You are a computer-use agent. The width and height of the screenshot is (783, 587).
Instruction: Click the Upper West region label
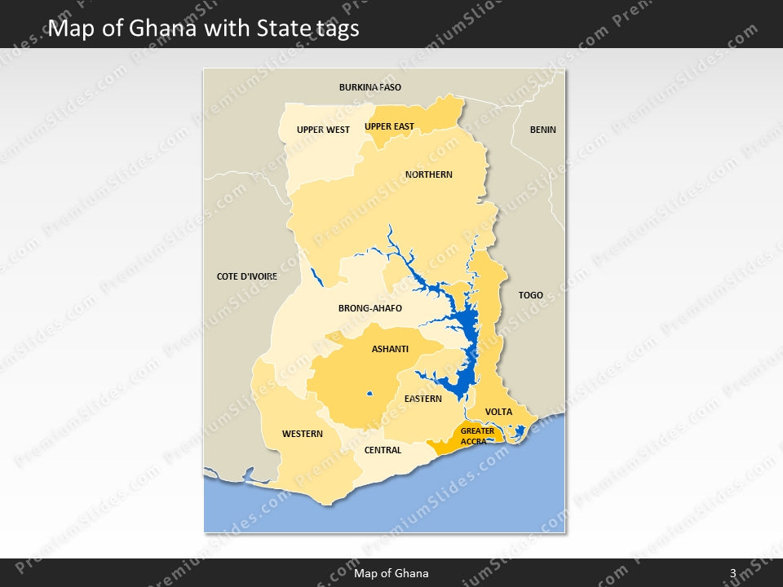coord(323,130)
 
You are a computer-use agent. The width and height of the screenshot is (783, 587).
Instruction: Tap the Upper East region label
coord(389,126)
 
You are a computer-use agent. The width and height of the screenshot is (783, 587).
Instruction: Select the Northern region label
coord(428,174)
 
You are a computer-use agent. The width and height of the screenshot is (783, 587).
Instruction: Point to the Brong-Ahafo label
coord(369,308)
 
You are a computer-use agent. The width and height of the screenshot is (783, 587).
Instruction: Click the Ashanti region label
coord(390,349)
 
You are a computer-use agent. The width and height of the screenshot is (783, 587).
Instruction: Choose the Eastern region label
coord(422,399)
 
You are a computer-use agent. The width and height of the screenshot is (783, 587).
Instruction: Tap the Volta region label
coord(498,412)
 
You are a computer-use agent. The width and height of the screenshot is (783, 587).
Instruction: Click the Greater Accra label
coord(477,436)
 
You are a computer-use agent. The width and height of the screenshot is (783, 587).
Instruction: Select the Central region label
coord(383,450)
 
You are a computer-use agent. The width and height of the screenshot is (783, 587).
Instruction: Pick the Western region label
coord(302,434)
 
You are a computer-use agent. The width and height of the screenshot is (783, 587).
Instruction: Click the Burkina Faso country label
coord(369,87)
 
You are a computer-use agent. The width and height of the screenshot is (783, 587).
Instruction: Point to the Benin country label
coord(542,130)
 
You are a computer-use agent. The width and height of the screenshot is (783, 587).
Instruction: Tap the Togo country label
coord(530,295)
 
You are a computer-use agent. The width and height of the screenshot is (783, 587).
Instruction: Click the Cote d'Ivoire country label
coord(246,276)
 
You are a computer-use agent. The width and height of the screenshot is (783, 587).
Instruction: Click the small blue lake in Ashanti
coord(369,395)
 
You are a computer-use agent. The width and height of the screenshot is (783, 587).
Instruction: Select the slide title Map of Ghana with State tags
coord(203,29)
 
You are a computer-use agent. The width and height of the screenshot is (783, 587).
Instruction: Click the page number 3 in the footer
coord(732,573)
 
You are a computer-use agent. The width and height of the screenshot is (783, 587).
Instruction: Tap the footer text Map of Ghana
coord(391,573)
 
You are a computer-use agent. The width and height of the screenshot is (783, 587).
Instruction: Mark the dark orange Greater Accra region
coord(447,444)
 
